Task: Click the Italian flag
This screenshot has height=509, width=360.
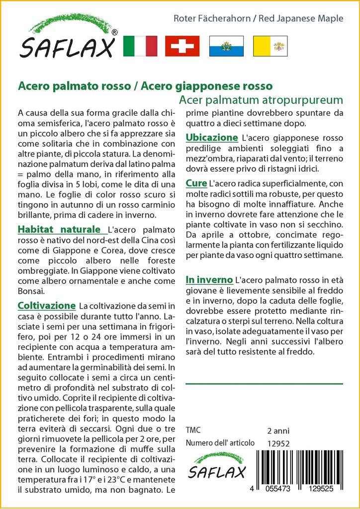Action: pos(140,46)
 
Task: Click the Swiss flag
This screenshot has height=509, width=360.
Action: pos(182,46)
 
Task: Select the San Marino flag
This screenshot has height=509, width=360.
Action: pos(226,46)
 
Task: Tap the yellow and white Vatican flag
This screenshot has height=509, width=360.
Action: pos(270,46)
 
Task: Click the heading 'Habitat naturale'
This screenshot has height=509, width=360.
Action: pos(59,230)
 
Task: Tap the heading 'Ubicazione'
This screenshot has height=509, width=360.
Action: pos(212,137)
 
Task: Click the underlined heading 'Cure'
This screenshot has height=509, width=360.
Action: pos(196,183)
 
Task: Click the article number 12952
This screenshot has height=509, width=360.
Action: pos(278,443)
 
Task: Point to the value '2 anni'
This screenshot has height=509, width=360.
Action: pos(278,430)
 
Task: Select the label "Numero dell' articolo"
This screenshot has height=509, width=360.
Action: pos(220,443)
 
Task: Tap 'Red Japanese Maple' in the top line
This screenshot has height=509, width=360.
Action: pos(302,19)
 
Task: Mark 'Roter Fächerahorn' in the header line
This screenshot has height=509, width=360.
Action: pos(212,19)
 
